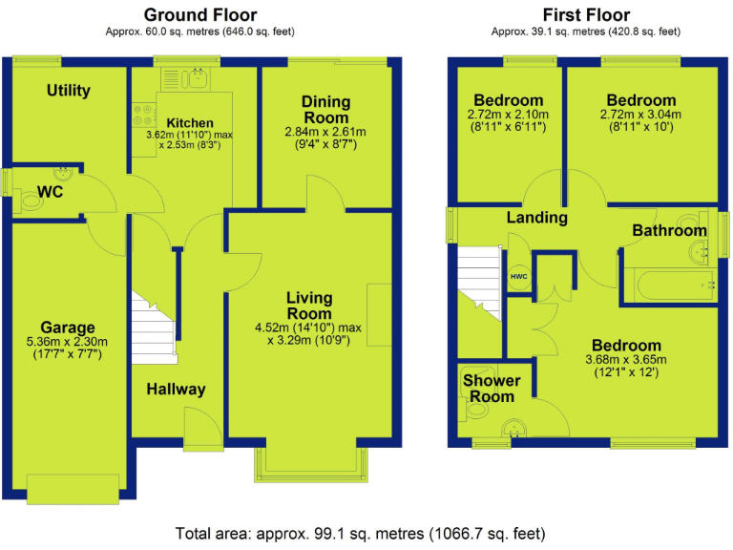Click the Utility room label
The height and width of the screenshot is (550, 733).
click(68, 91)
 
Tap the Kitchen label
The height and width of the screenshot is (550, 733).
click(189, 123)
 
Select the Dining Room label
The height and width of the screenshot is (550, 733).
click(325, 109)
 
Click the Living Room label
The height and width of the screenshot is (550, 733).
click(309, 307)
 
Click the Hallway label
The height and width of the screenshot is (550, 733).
click(176, 390)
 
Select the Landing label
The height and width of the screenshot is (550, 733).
click(536, 218)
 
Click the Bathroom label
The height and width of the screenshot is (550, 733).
click(669, 230)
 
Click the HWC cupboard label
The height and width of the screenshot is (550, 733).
click(519, 277)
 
